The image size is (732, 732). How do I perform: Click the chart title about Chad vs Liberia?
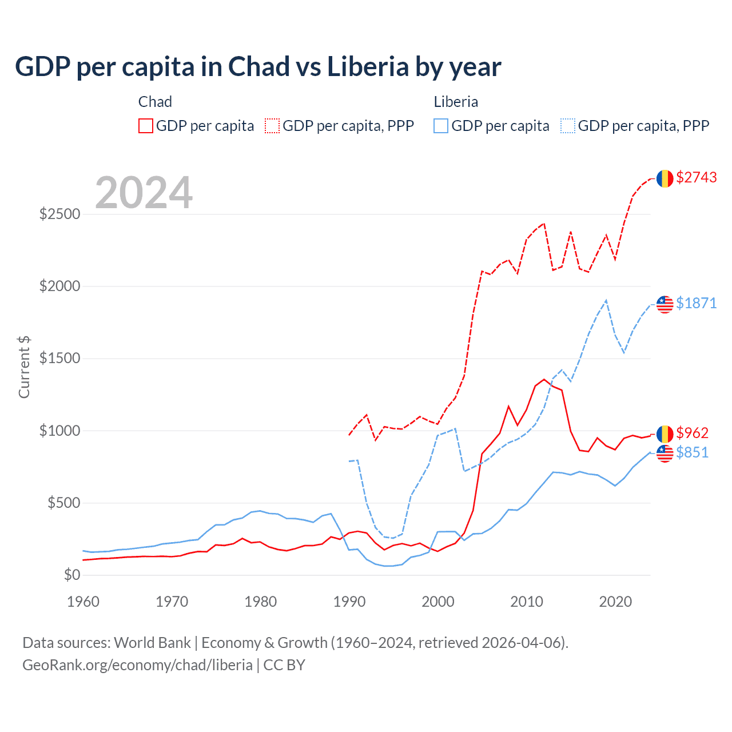pyautogui.click(x=258, y=67)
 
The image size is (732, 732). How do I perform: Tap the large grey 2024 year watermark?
pyautogui.click(x=144, y=193)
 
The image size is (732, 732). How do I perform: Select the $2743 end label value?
pyautogui.click(x=696, y=178)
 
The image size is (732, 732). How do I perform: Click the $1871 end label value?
pyautogui.click(x=696, y=303)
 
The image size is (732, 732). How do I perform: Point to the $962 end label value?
pyautogui.click(x=692, y=433)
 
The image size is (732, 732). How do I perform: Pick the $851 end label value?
pyautogui.click(x=692, y=452)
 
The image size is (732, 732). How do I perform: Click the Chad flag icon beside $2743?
pyautogui.click(x=665, y=178)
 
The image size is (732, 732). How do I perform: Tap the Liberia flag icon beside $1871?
pyautogui.click(x=665, y=304)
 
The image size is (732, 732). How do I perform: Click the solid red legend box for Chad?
pyautogui.click(x=146, y=126)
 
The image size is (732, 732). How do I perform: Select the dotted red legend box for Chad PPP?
pyautogui.click(x=272, y=126)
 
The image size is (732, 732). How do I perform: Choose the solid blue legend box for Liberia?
pyautogui.click(x=441, y=126)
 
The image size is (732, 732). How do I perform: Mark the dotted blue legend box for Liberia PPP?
pyautogui.click(x=568, y=126)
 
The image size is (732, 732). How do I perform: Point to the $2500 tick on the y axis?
pyautogui.click(x=59, y=214)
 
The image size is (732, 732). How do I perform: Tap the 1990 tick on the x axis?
pyautogui.click(x=349, y=602)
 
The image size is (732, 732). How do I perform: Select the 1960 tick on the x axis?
pyautogui.click(x=83, y=602)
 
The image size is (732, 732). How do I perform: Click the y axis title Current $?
pyautogui.click(x=24, y=367)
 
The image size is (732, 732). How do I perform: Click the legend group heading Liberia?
pyautogui.click(x=456, y=102)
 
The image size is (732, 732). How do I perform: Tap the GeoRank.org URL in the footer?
pyautogui.click(x=137, y=665)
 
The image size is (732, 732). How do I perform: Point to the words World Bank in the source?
pyautogui.click(x=152, y=643)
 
